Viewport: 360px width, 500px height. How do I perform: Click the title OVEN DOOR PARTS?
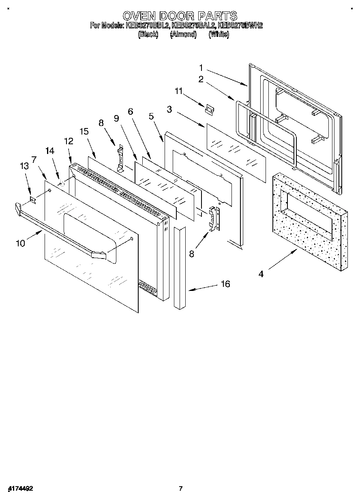pos(180,16)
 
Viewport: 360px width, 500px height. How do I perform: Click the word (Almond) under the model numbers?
pos(183,35)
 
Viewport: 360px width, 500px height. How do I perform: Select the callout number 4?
pos(261,274)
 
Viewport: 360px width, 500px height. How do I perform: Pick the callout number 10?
pos(20,243)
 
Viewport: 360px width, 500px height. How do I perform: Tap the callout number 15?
pos(84,131)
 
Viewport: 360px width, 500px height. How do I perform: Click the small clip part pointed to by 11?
pos(210,109)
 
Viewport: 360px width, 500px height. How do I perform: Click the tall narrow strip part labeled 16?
pos(179,267)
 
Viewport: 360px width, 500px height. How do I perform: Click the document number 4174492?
pos(20,489)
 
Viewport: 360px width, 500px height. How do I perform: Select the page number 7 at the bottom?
pos(181,489)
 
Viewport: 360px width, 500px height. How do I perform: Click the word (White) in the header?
pos(219,35)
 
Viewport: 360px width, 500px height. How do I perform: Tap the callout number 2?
pos(201,79)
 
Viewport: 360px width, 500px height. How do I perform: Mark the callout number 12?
pos(69,141)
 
